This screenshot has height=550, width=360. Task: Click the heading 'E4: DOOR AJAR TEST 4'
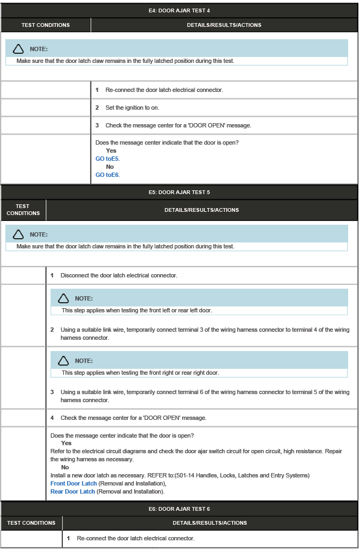[x=179, y=10]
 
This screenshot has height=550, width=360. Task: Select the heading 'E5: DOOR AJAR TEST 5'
[x=179, y=192]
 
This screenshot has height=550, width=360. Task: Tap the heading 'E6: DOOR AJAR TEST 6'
[x=179, y=509]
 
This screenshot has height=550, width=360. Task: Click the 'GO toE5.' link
[x=107, y=159]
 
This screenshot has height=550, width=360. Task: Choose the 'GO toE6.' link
[x=107, y=175]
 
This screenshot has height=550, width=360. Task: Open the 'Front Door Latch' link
[x=74, y=483]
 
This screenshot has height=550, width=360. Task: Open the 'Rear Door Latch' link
[x=73, y=491]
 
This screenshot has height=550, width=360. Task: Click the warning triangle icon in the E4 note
[x=18, y=49]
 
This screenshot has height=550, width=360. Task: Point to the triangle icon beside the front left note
[x=63, y=298]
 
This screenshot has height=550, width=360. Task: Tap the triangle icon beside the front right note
[x=63, y=361]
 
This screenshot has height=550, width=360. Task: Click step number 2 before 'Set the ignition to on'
[x=97, y=108]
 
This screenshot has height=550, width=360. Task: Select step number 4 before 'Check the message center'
[x=52, y=418]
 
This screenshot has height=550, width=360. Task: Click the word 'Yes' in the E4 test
[x=111, y=151]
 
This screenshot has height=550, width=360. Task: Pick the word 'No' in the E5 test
[x=65, y=467]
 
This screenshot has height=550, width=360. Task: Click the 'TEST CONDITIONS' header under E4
[x=46, y=25]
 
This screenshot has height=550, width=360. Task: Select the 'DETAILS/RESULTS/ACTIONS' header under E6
[x=210, y=523]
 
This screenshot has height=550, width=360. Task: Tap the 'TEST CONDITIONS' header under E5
[x=23, y=210]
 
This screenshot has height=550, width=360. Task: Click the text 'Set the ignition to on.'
[x=132, y=108]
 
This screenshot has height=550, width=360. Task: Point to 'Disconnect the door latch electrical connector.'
[x=119, y=275]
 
